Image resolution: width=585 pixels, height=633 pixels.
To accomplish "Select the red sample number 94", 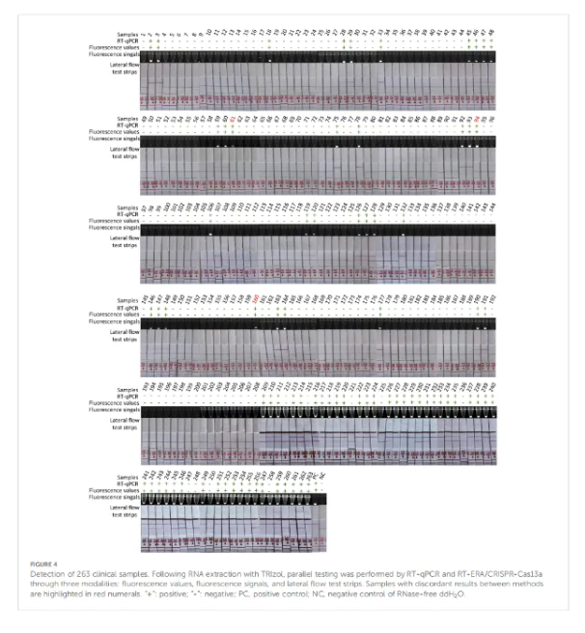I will [477, 119].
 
